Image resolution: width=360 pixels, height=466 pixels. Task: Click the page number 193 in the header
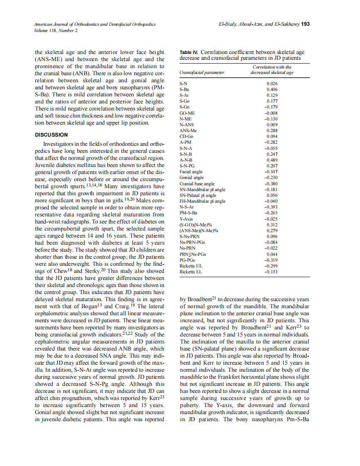coord(305,25)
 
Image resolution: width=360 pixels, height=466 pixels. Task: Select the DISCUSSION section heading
coord(51,135)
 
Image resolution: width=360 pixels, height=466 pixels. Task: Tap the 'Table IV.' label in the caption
coord(189,52)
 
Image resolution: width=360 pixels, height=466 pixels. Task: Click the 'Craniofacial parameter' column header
coord(202,72)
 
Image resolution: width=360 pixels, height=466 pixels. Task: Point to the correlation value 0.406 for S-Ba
coord(272,89)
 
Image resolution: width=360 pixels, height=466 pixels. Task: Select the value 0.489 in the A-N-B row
coord(272,160)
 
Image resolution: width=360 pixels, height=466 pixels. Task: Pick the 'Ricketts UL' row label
coord(191,266)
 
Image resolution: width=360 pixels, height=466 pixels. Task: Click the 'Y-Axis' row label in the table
coord(185,219)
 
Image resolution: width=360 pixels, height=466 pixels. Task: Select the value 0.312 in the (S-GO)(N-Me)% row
coord(272,225)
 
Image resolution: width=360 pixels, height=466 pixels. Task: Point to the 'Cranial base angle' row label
coord(197,184)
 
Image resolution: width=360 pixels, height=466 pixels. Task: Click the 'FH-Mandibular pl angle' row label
coord(202,201)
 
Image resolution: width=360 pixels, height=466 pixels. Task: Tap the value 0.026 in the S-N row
coord(272,83)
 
